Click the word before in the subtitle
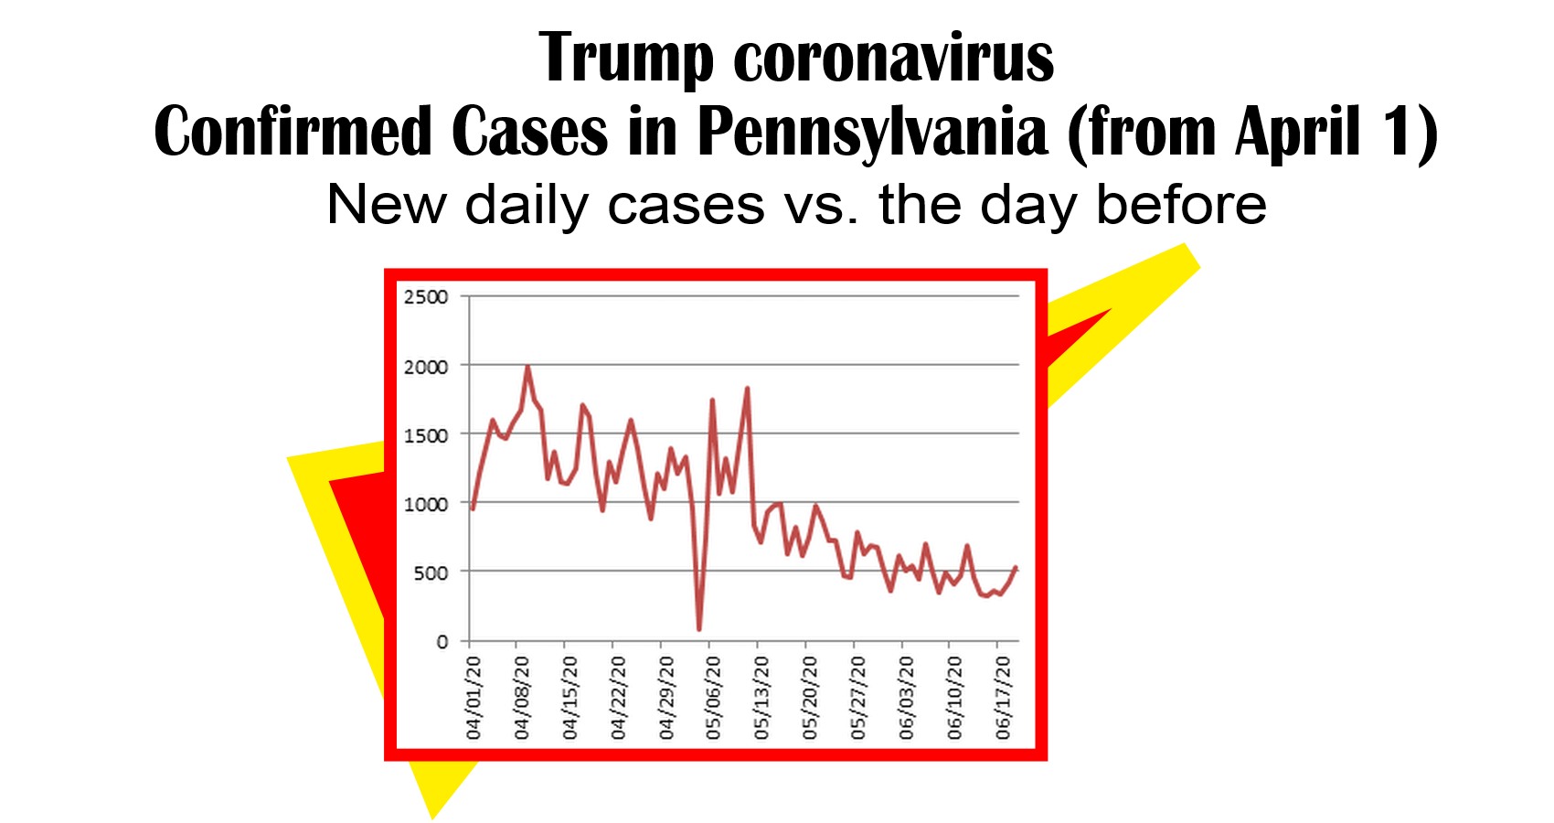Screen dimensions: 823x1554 [1181, 205]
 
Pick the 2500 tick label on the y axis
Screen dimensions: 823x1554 [426, 297]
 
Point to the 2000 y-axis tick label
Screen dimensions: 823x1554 [426, 367]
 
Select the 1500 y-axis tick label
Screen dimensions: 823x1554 [426, 435]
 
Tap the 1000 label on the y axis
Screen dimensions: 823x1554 [426, 504]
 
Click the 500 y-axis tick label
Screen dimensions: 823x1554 [431, 573]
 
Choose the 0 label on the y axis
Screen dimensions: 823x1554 [442, 642]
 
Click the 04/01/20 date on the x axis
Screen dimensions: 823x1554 [474, 697]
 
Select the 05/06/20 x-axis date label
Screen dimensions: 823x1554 [714, 697]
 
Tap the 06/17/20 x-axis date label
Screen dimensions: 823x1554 [1004, 697]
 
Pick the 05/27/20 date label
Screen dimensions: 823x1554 [858, 697]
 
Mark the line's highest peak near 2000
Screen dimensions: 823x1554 [527, 367]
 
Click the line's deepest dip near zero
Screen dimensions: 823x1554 [699, 629]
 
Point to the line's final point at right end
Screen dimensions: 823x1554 [1016, 568]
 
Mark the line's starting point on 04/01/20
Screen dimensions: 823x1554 [473, 508]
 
